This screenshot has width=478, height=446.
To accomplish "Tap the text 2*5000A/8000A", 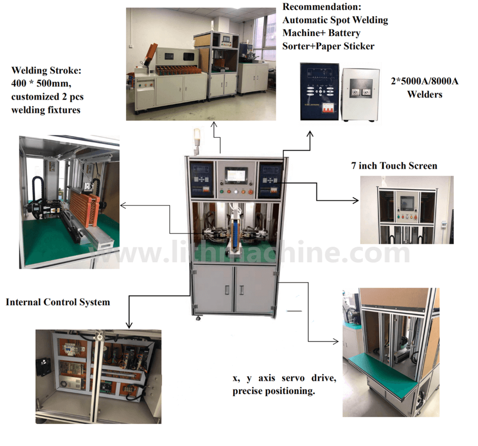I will pyautogui.click(x=424, y=82).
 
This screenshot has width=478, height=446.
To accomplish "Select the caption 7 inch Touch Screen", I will pyautogui.click(x=394, y=165).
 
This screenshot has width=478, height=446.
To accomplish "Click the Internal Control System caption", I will pyautogui.click(x=58, y=302).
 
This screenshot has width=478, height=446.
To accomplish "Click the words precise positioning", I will pyautogui.click(x=274, y=391).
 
